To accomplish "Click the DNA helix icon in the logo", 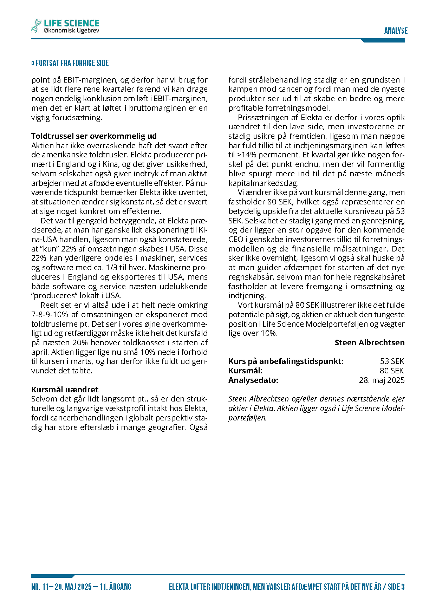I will click(x=36, y=26).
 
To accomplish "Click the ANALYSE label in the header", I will click(x=396, y=31).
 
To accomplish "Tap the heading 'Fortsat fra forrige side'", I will click(x=70, y=63).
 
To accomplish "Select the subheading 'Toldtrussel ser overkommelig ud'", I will click(x=94, y=136).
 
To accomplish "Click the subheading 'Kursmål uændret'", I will click(x=65, y=389).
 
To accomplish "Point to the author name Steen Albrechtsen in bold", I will click(x=369, y=342).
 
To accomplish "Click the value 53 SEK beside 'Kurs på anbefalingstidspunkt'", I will click(x=392, y=361).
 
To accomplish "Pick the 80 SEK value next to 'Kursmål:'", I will click(x=392, y=371).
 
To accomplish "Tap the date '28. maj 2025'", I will click(x=382, y=380).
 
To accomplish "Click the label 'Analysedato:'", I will click(x=253, y=380).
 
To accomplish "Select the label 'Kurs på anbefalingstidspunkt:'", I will click(x=286, y=361).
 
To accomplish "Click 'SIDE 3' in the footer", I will click(x=396, y=587).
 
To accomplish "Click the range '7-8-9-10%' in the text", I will click(x=50, y=314).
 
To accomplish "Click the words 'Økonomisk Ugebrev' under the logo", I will click(x=72, y=31).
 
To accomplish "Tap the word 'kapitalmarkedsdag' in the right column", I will click(x=263, y=183).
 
